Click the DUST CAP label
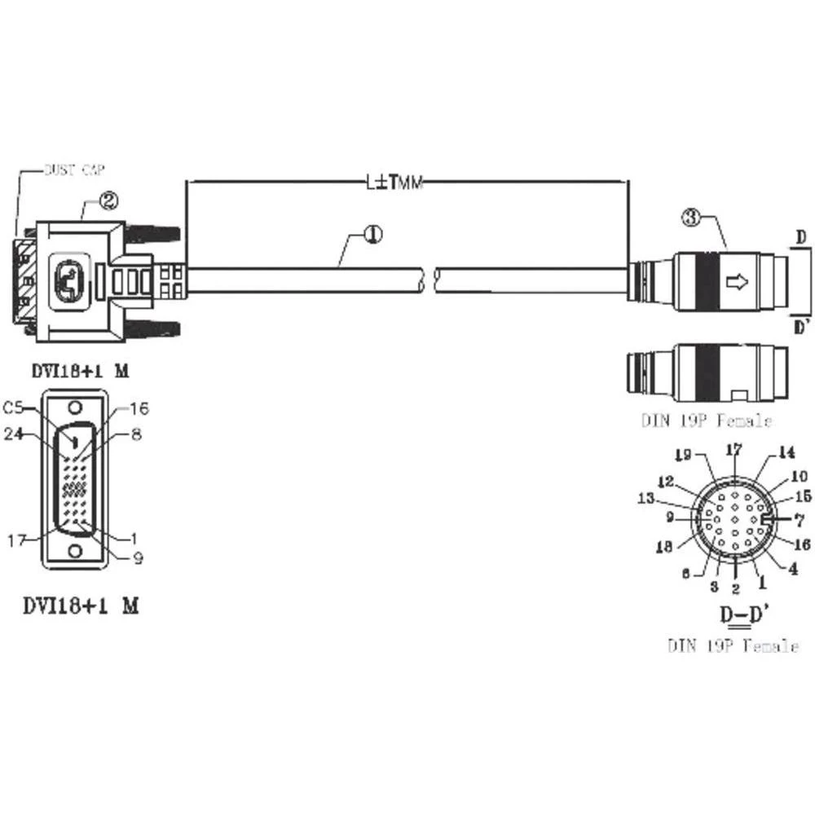(x=73, y=170)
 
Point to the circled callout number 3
(x=691, y=218)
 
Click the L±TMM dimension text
(x=394, y=183)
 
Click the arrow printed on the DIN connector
(x=737, y=282)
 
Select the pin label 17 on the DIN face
(x=734, y=449)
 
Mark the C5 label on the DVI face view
(x=13, y=407)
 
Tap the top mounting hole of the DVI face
(x=75, y=408)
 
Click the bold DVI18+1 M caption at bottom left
(x=79, y=606)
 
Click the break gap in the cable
(x=429, y=280)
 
